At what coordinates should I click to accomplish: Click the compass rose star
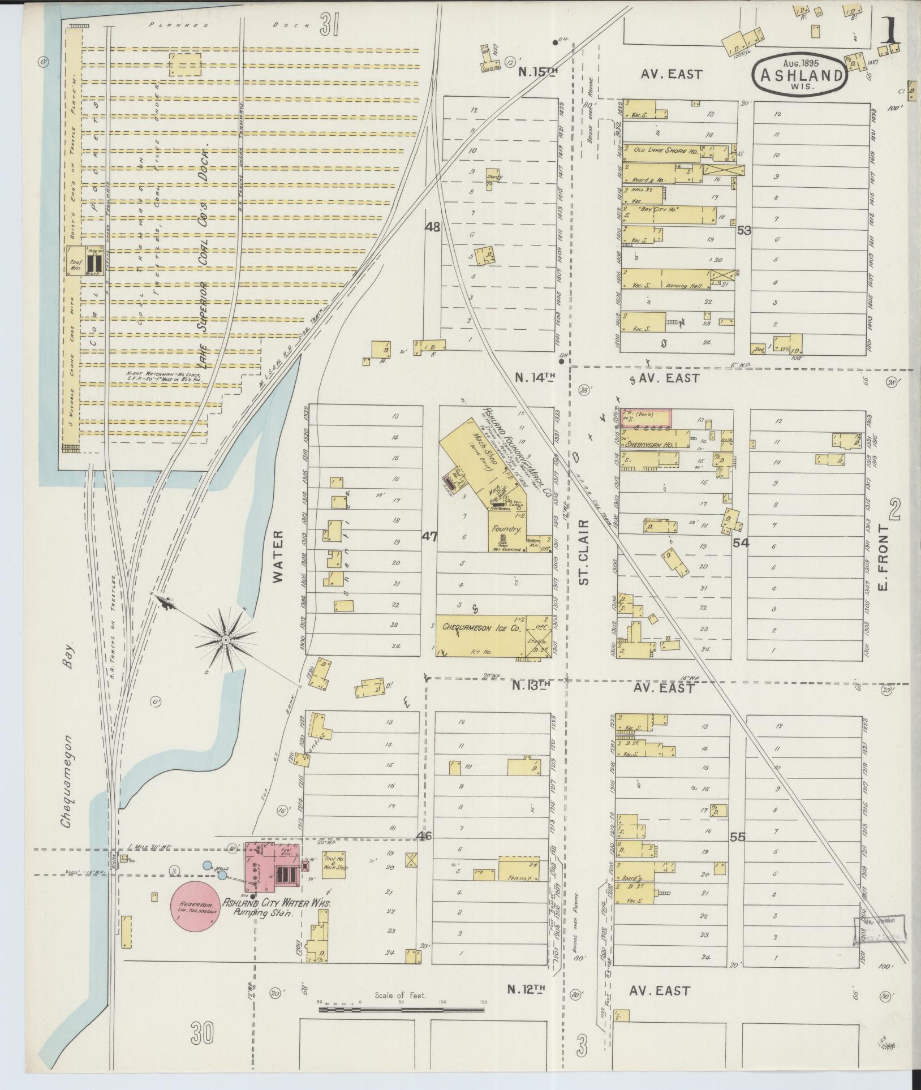pos(226,640)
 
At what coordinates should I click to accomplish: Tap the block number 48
pos(433,227)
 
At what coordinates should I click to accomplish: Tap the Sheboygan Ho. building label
pos(650,445)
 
